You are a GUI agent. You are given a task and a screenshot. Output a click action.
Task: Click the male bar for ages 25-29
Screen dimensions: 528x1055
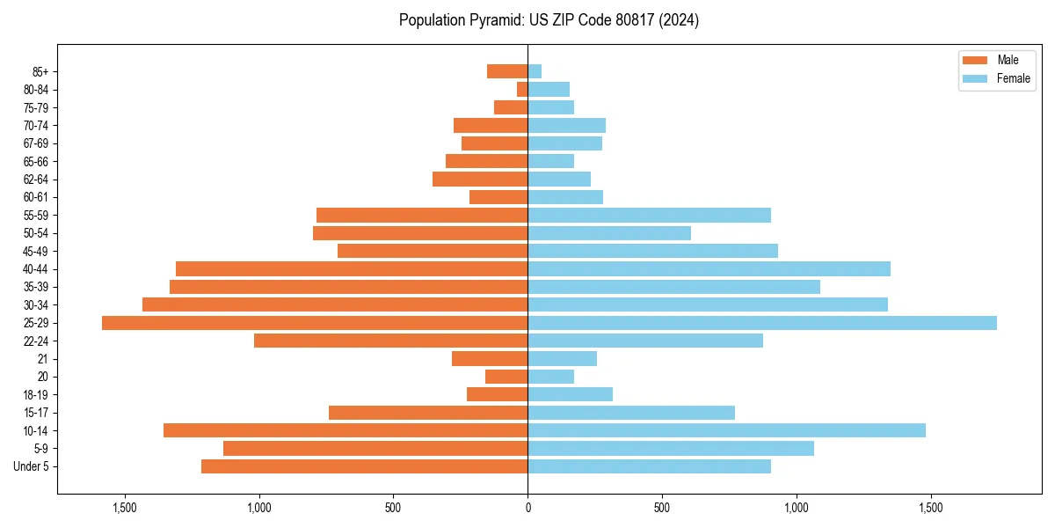(x=315, y=323)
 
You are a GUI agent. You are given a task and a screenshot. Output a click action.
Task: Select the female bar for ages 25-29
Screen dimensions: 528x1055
(x=762, y=323)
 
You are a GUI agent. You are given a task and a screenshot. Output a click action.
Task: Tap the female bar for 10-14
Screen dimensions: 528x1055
(x=726, y=430)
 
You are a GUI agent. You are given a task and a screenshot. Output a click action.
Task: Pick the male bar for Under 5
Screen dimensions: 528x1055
(x=364, y=466)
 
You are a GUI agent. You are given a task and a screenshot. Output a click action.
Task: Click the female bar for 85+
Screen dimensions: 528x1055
(x=535, y=71)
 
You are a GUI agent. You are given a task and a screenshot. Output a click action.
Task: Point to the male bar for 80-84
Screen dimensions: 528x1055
(x=522, y=89)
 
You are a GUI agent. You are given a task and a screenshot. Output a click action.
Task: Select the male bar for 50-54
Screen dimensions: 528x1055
(x=420, y=233)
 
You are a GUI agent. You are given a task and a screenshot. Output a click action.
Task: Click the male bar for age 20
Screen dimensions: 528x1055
(x=506, y=377)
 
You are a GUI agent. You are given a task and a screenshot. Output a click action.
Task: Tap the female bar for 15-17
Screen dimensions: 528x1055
(x=631, y=413)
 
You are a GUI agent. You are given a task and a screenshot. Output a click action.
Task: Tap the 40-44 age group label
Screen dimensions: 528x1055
(x=35, y=269)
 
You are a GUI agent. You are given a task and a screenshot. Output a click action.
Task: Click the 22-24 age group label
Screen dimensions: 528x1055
(x=35, y=341)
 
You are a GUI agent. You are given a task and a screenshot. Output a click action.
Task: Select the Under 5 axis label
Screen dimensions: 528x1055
(x=32, y=466)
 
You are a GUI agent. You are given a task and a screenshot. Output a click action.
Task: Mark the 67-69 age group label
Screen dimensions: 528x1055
(x=35, y=143)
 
